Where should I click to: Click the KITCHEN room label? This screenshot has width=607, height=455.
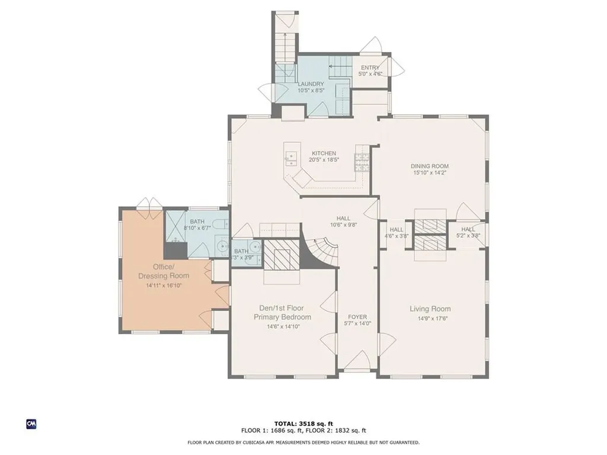click(x=324, y=153)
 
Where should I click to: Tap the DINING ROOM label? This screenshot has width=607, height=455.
click(x=430, y=166)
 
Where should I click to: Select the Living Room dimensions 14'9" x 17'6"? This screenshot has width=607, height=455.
click(x=430, y=318)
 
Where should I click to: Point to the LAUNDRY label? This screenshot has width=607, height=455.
click(x=311, y=84)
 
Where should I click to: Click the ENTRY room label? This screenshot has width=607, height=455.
click(x=370, y=68)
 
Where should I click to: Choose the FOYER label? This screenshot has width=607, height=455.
click(x=357, y=317)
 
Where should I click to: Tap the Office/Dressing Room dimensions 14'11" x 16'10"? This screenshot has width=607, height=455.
click(x=164, y=286)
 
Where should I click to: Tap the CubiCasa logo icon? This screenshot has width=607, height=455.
click(x=31, y=424)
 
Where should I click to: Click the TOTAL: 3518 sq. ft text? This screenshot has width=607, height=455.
click(x=303, y=424)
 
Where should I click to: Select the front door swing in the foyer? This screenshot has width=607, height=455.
click(x=356, y=360)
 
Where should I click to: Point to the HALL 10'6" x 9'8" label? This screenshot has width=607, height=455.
click(x=343, y=222)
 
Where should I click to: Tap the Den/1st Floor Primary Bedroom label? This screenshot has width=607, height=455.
click(x=282, y=313)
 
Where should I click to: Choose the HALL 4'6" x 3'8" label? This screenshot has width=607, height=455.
click(x=397, y=232)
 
